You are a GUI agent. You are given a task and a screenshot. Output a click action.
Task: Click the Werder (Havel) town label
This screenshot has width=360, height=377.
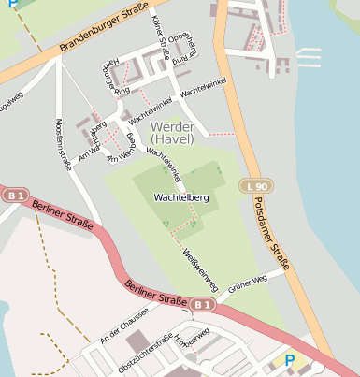[171, 132]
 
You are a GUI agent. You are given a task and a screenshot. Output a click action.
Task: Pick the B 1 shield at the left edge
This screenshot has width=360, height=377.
[12, 196]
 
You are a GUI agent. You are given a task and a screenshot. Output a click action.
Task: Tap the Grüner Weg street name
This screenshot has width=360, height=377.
[248, 280]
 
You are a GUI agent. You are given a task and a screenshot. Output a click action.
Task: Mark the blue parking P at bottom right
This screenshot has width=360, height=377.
[289, 360]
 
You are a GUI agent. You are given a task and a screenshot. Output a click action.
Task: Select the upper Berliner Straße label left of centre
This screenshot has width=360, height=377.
[62, 215]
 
